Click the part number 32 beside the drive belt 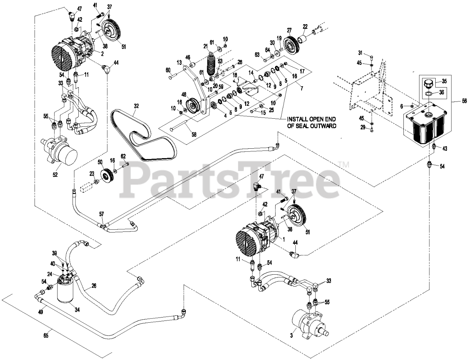136,106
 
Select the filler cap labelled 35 427,83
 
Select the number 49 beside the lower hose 40,312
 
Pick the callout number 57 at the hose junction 101,213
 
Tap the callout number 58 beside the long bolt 194,134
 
